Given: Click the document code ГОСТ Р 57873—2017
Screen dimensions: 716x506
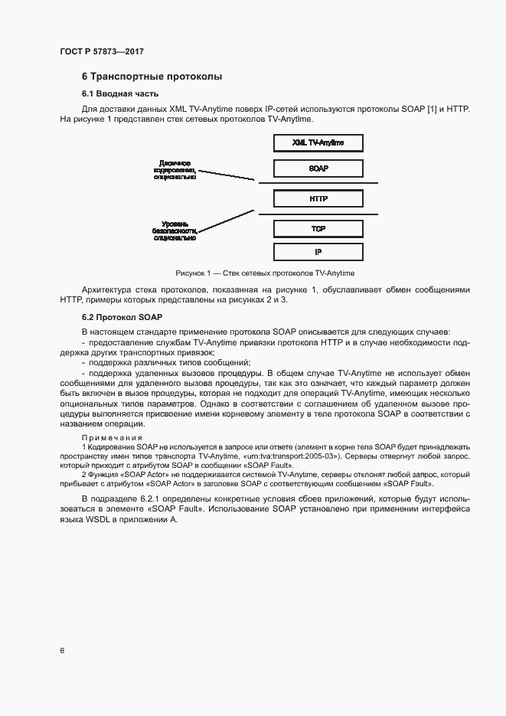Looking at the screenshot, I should point(102,51).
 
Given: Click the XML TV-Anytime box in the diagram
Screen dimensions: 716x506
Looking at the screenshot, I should point(318,143).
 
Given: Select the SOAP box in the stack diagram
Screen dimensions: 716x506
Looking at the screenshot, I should point(318,168).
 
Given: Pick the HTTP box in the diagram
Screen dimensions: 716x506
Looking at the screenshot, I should point(318,198).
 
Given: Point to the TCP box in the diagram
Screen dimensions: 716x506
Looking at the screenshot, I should point(318,229).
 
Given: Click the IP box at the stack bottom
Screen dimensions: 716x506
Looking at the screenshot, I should point(318,251).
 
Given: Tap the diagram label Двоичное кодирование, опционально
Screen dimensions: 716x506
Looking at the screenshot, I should point(175,169).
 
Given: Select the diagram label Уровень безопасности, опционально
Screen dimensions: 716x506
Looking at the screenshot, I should point(175,230).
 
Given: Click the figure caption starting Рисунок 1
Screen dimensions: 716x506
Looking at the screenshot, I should point(265,273).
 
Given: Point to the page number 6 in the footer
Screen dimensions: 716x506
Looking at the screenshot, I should point(62,650).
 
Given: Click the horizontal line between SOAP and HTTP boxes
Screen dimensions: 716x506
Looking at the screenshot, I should point(318,183).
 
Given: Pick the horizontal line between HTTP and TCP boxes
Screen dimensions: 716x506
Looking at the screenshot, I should point(318,214).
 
